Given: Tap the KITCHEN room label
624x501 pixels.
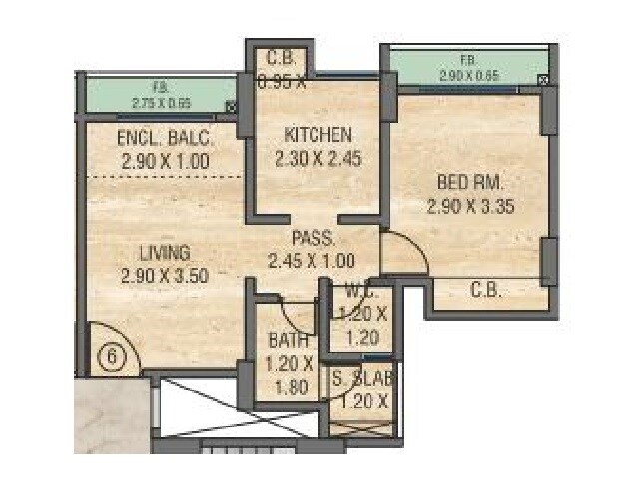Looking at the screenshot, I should coord(317,135).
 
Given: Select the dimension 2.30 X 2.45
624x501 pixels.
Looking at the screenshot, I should coord(317,158).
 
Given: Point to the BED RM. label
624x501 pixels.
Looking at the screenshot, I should coord(470,183).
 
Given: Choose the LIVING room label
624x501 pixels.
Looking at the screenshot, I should coord(165,253).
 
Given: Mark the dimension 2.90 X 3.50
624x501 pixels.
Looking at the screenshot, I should coord(165,276).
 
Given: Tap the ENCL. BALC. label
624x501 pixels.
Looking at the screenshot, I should coord(166,138).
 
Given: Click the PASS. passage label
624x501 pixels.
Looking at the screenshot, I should coord(312,239).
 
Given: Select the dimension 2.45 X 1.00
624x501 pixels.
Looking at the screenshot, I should coord(312,261).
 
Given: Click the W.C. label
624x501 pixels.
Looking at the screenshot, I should coord(361,292).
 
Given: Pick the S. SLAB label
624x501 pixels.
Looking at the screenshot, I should coord(364,380).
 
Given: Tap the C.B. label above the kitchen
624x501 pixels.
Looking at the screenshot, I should coord(281,58).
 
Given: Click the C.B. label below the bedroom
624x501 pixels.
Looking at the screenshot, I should coord(487,291).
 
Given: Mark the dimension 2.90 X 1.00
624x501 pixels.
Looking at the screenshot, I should coord(166,160).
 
